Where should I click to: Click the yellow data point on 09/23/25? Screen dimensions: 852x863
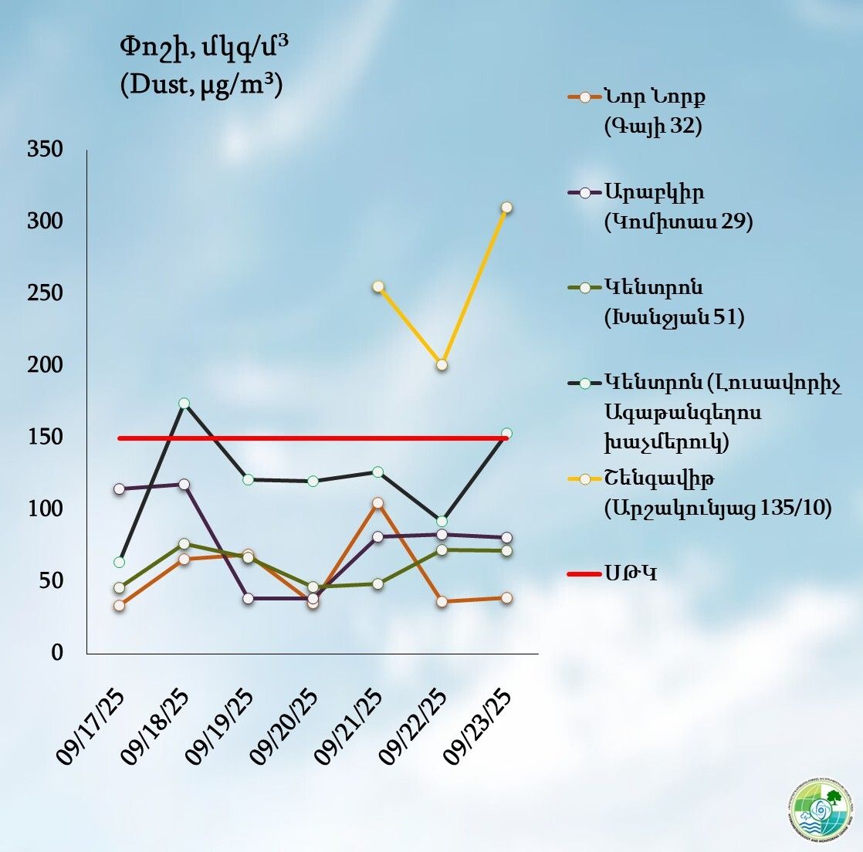pyautogui.click(x=506, y=208)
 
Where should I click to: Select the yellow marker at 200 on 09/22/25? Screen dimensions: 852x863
pyautogui.click(x=442, y=364)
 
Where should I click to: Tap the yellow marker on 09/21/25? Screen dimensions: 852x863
pyautogui.click(x=378, y=286)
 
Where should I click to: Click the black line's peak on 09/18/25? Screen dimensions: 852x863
pyautogui.click(x=184, y=403)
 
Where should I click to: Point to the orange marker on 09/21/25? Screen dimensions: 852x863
pyautogui.click(x=377, y=503)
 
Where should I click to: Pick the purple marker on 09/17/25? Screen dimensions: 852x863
pyautogui.click(x=119, y=489)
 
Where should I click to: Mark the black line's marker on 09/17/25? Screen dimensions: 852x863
pyautogui.click(x=119, y=562)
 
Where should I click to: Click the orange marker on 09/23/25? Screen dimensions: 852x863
pyautogui.click(x=506, y=598)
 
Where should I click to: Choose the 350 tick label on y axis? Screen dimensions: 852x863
pyautogui.click(x=45, y=150)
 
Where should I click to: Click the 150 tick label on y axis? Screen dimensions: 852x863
pyautogui.click(x=45, y=437)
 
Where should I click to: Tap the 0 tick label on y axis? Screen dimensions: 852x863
pyautogui.click(x=56, y=653)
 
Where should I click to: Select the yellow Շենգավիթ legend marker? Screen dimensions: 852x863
pyautogui.click(x=585, y=479)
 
